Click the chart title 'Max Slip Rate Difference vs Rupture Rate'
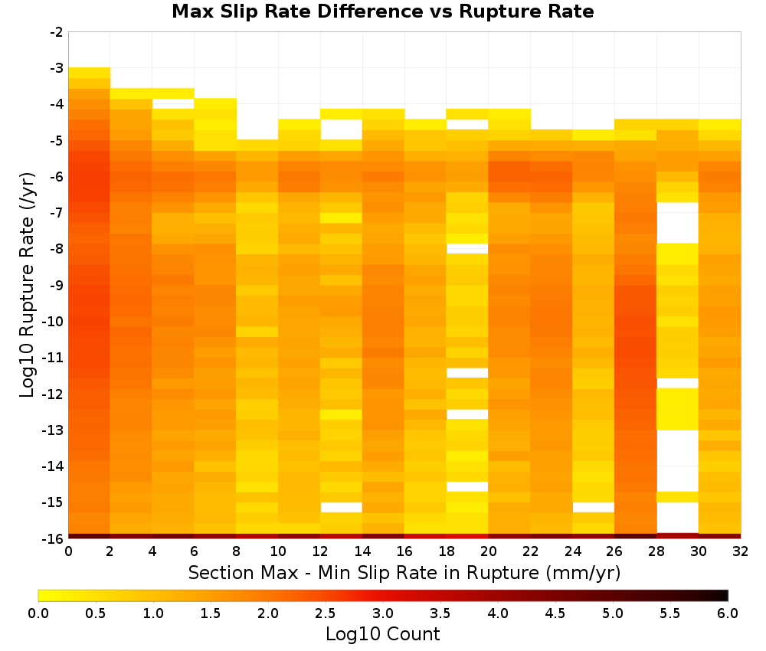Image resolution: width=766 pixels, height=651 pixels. coord(382,11)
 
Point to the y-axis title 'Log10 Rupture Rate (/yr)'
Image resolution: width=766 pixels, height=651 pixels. coord(27,285)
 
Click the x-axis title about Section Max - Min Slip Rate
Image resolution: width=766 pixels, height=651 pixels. coord(404,572)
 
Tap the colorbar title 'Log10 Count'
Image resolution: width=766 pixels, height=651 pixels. coord(382,634)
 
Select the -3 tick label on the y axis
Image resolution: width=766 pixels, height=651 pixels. coord(57,68)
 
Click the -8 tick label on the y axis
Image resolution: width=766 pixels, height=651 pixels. coord(57,249)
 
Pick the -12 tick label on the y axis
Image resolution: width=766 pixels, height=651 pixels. coord(54,394)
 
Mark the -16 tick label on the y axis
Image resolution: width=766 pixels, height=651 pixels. coord(54,538)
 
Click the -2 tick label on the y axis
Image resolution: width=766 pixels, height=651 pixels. coord(57,32)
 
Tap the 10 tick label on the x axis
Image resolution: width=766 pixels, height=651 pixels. coord(278,552)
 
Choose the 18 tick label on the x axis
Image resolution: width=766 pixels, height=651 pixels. coord(447,552)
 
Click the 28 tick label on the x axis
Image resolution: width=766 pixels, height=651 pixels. coord(656,552)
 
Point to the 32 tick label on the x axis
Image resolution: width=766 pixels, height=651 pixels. coord(741,552)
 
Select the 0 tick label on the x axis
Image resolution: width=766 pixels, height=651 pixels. coord(68,552)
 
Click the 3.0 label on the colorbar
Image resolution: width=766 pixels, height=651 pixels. coord(383,613)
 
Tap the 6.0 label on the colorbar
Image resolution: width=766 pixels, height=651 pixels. coord(728,613)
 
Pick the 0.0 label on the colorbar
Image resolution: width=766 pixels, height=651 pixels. coord(38,613)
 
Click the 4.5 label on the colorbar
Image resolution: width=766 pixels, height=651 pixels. coord(555,613)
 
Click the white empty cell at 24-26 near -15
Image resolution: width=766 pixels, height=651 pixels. coord(594,508)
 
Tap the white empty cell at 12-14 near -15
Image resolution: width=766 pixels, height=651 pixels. coord(342,508)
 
